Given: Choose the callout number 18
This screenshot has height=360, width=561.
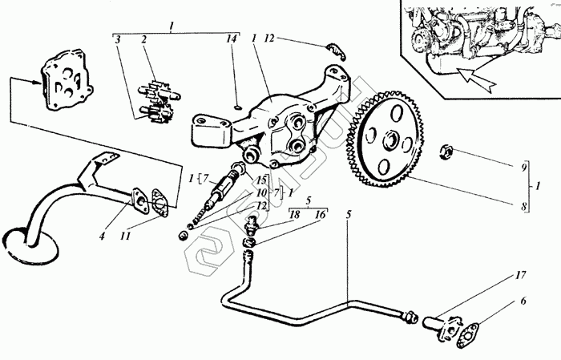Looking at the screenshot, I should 294,216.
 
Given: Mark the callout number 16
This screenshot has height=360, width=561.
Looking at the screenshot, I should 321,216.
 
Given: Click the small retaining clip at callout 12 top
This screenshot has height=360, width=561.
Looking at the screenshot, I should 337,51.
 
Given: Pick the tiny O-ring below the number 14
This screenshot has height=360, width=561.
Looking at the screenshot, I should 238,103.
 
